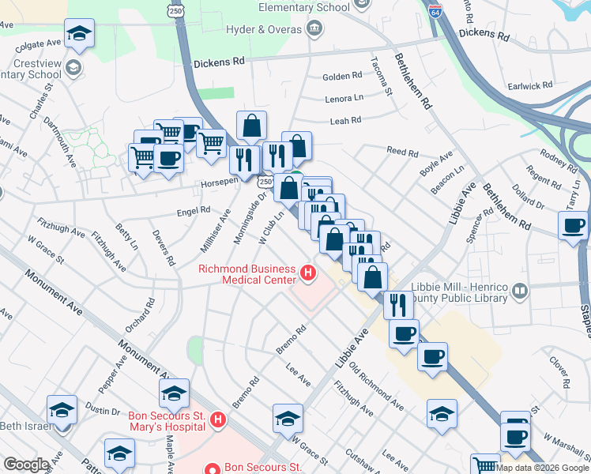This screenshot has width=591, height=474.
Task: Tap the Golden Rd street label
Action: click(x=342, y=77)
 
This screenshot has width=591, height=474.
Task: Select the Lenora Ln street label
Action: click(x=344, y=99)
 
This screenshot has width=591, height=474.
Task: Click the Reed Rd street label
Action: click(x=401, y=151)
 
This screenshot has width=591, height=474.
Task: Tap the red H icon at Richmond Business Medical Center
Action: click(x=308, y=275)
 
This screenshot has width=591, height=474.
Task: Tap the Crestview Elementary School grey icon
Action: click(x=73, y=67)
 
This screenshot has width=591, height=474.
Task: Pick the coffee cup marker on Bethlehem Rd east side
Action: click(x=573, y=225)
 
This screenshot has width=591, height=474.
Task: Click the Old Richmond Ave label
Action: click(x=376, y=387)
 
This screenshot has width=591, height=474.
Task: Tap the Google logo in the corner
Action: click(x=26, y=465)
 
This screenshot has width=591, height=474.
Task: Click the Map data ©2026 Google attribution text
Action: click(x=542, y=468)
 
